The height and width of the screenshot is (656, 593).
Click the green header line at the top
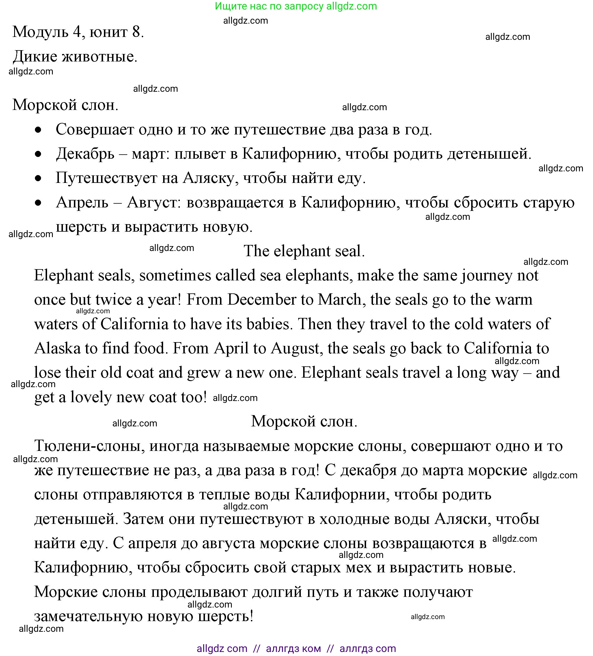(296, 6)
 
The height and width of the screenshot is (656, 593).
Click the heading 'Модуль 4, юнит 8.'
(78, 32)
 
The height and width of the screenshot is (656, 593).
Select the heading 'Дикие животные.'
(75, 57)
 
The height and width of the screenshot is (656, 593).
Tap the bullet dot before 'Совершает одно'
(38, 130)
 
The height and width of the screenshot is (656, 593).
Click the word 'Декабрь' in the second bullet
(85, 153)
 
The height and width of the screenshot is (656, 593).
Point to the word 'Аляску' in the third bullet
(208, 178)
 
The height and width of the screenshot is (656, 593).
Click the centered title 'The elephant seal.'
(304, 251)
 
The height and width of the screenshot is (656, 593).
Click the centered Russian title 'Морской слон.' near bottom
(304, 421)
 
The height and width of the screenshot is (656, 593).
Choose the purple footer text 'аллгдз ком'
(293, 648)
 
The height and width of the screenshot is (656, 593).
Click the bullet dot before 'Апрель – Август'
(38, 203)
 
